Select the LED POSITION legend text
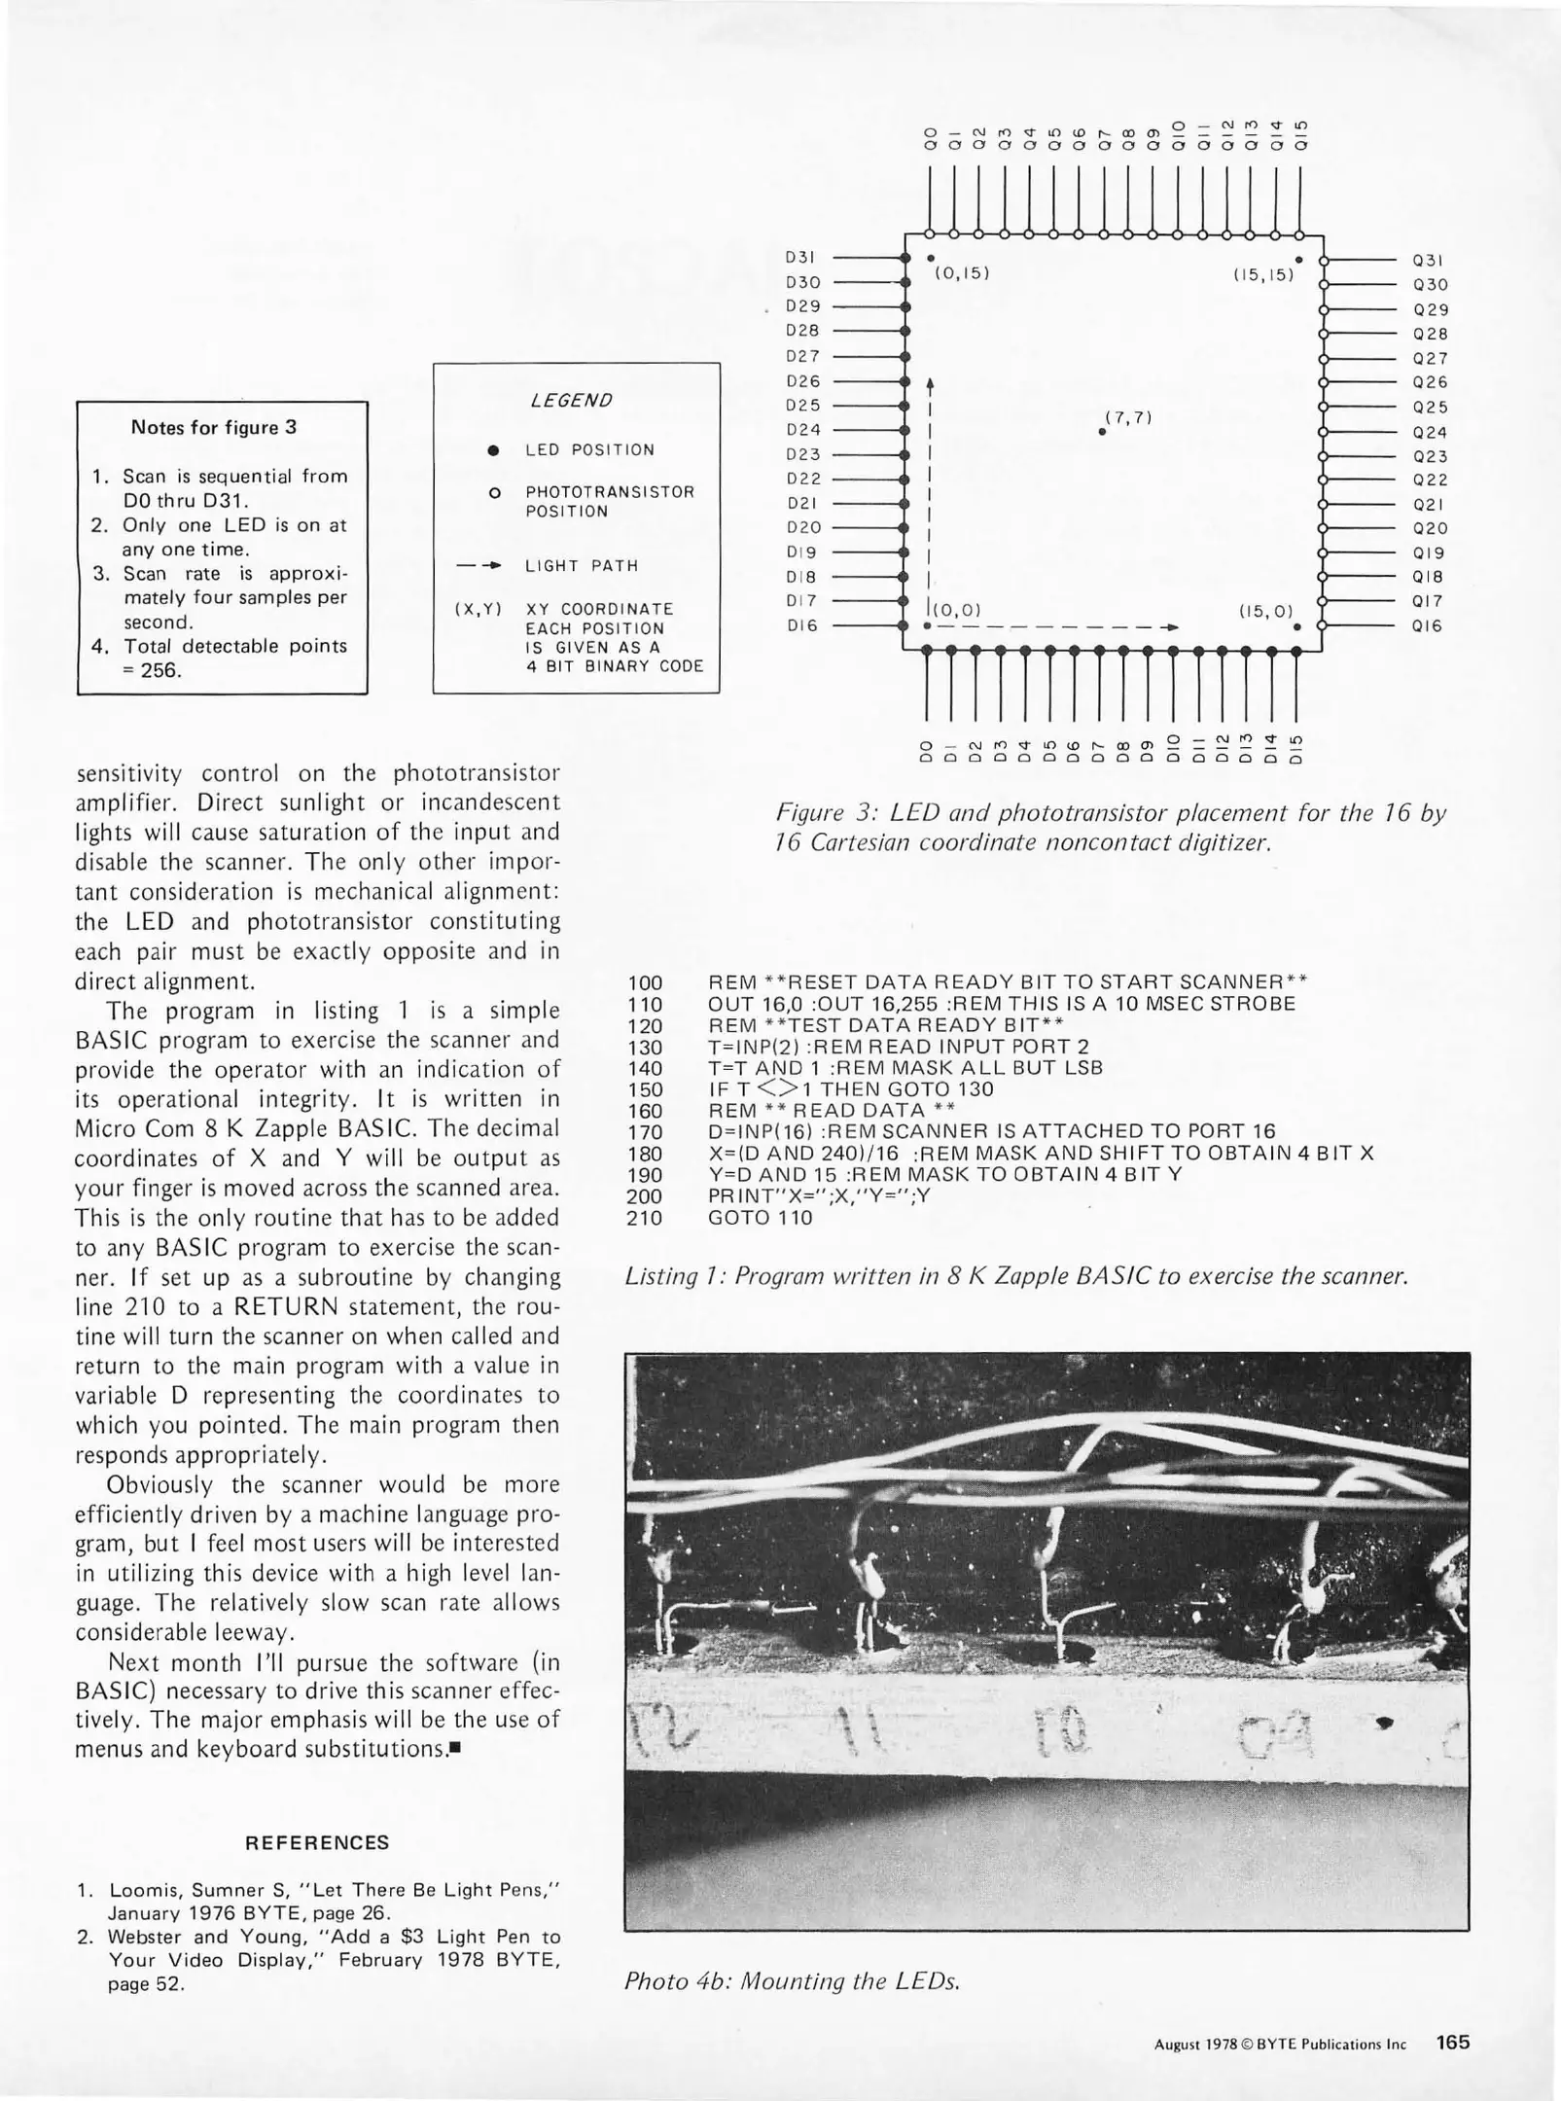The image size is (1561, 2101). [x=590, y=450]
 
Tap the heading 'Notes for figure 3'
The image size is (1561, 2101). [x=214, y=427]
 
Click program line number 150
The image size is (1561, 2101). [x=646, y=1089]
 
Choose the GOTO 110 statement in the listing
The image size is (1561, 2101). [x=761, y=1218]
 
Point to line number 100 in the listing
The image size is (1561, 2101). [x=646, y=982]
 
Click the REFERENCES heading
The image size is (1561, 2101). [x=317, y=1842]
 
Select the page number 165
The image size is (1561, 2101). [x=1453, y=2042]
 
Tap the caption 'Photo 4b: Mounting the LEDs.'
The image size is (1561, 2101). [x=793, y=1981]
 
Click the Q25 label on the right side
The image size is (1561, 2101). [x=1430, y=408]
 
